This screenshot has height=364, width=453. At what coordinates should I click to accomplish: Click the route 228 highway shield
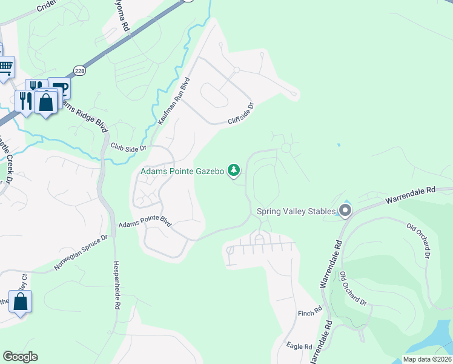pos(79,71)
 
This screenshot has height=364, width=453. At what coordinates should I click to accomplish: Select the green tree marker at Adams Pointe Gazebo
pos(234,170)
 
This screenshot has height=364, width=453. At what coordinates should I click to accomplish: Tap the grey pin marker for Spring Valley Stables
pos(345,211)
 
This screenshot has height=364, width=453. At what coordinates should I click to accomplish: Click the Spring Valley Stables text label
pos(296,211)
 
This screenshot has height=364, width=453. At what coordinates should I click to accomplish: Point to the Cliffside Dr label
pos(240,113)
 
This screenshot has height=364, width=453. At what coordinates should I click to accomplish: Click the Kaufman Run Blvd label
pos(174,101)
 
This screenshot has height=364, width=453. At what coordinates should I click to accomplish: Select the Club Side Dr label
pos(128,147)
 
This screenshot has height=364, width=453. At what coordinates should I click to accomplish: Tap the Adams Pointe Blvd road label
pos(145,224)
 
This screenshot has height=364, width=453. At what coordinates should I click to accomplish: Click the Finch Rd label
pos(309,313)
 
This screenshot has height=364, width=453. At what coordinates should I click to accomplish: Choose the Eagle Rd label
pos(299,346)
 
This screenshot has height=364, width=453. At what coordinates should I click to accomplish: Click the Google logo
pos(20,357)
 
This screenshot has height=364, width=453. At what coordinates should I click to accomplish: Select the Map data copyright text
pos(428,359)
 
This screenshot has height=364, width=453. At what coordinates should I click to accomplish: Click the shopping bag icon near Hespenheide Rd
pos(20,302)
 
